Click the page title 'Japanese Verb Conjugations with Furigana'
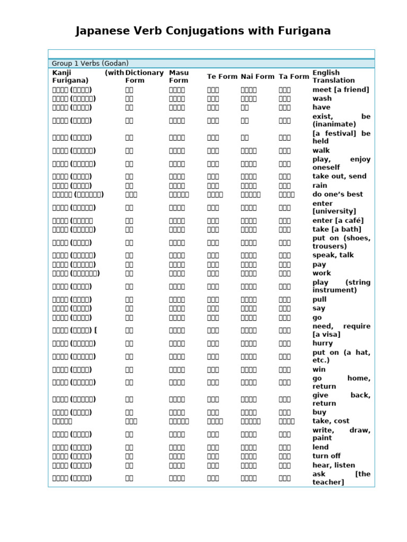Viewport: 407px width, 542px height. click(203, 31)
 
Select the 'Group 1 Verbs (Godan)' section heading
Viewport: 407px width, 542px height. click(90, 64)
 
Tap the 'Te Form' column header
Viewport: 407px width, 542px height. click(222, 77)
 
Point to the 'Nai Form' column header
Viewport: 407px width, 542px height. click(258, 77)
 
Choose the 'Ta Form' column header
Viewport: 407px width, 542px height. click(294, 77)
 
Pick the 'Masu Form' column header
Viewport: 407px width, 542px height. click(179, 77)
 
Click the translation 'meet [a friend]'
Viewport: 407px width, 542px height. click(341, 90)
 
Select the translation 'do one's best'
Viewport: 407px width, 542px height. click(338, 194)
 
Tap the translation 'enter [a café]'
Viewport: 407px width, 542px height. click(338, 221)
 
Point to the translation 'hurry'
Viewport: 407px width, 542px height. click(323, 343)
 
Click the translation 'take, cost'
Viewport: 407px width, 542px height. click(331, 421)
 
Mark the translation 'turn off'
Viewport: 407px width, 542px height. click(326, 456)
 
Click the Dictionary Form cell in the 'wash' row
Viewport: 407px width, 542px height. click(129, 98)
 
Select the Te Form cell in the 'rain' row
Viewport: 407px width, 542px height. click(213, 186)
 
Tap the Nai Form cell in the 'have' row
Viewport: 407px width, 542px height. click(245, 107)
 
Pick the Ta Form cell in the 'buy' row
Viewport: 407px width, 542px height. click(285, 412)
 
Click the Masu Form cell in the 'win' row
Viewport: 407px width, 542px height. click(177, 369)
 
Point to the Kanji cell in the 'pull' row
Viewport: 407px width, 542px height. click(72, 300)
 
